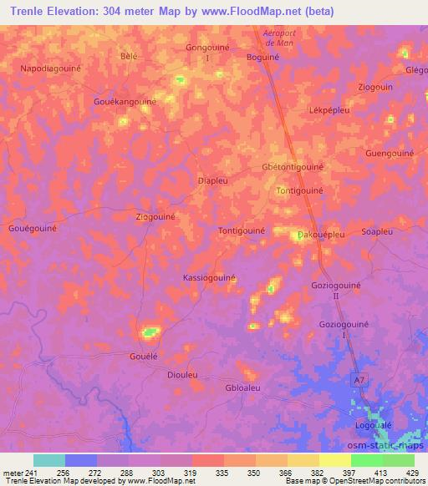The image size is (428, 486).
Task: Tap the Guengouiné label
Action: [390, 154]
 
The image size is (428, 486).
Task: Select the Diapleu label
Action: [212, 180]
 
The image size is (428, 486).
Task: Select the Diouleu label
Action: [183, 375]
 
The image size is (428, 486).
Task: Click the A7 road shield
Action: [359, 381]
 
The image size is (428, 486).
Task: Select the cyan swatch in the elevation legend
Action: [49, 460]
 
